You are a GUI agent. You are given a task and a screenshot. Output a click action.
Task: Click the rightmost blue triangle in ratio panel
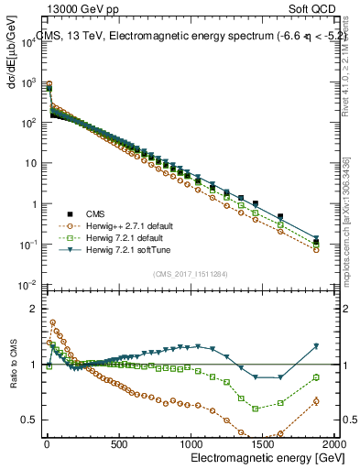(x=316, y=346)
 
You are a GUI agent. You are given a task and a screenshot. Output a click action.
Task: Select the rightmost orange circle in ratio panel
(x=316, y=400)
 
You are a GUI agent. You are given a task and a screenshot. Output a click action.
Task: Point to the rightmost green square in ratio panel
(x=316, y=377)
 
